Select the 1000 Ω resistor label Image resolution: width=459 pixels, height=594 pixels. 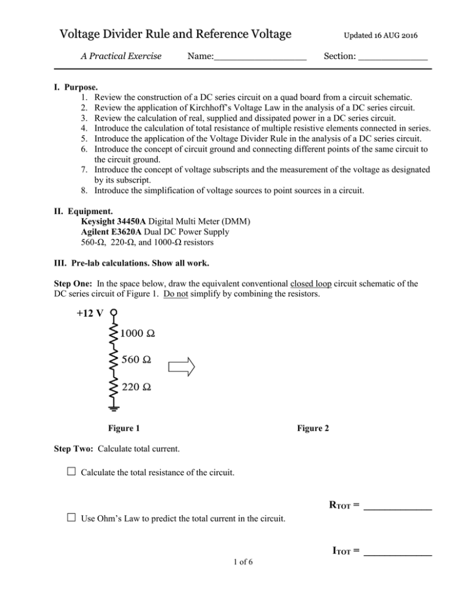138,333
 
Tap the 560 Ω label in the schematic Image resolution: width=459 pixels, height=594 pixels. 135,360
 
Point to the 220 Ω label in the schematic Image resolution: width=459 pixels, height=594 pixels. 136,387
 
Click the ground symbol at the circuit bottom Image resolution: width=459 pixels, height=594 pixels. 114,409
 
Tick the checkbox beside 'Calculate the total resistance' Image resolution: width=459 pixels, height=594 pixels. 70,473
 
